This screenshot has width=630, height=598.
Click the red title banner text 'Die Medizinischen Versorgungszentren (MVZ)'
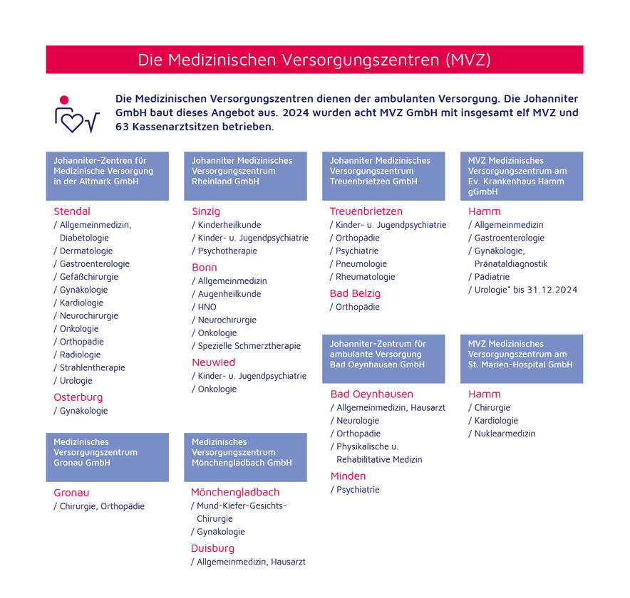pyautogui.click(x=314, y=60)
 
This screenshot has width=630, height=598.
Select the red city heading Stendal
pyautogui.click(x=72, y=211)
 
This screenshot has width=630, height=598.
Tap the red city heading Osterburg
pyautogui.click(x=78, y=397)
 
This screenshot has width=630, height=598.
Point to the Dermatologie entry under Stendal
pyautogui.click(x=86, y=251)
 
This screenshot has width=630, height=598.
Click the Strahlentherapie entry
pyautogui.click(x=92, y=367)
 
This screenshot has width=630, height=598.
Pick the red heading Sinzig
pyautogui.click(x=206, y=211)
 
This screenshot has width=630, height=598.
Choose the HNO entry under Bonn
pyautogui.click(x=207, y=307)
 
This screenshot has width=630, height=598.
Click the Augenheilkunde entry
pyautogui.click(x=229, y=294)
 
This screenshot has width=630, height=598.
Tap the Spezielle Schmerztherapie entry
pyautogui.click(x=249, y=346)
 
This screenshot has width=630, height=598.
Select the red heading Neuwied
pyautogui.click(x=213, y=362)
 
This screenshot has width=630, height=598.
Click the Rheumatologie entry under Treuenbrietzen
pyautogui.click(x=365, y=277)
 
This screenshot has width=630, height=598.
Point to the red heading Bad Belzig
pyautogui.click(x=355, y=293)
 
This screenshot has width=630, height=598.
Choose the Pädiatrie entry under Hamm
pyautogui.click(x=492, y=277)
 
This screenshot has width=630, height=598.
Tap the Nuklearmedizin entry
pyautogui.click(x=505, y=434)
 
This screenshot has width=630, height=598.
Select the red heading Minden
pyautogui.click(x=348, y=476)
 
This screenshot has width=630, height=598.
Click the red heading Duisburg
pyautogui.click(x=212, y=548)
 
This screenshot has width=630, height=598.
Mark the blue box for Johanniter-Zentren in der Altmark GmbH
pyautogui.click(x=107, y=175)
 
